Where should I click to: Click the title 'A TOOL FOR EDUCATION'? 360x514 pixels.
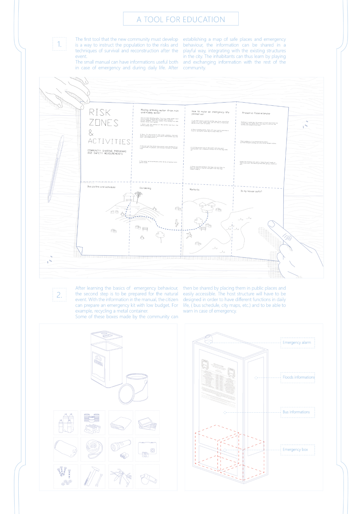click(181, 19)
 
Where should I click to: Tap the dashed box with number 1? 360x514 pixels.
click(59, 44)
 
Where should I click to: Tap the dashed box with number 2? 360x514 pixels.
click(59, 295)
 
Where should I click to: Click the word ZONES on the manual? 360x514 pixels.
click(104, 123)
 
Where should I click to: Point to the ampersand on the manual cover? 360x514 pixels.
click(91, 133)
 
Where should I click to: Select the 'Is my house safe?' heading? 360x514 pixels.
click(251, 191)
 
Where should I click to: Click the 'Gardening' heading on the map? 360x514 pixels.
click(145, 188)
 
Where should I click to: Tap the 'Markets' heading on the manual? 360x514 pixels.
click(194, 189)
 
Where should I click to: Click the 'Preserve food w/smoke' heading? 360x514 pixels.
click(256, 113)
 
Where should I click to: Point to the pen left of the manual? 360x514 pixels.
click(56, 168)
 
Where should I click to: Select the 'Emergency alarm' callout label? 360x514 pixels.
click(297, 343)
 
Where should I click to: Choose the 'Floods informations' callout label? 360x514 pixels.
click(298, 377)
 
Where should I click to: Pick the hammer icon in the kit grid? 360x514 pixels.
click(92, 476)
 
